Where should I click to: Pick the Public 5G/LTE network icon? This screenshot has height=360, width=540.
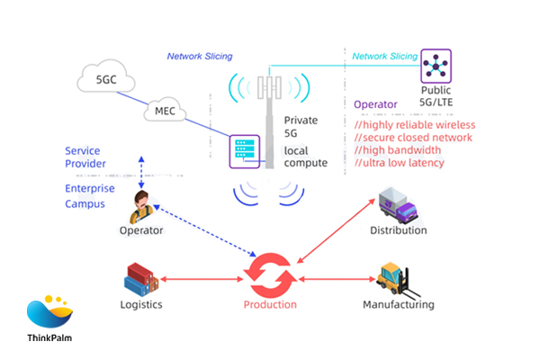tap(436, 66)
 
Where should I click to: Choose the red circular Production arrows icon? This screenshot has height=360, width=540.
tap(270, 274)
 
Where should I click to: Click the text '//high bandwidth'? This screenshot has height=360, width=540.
tap(397, 149)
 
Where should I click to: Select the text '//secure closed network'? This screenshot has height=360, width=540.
tap(414, 137)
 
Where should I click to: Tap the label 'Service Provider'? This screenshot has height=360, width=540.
tap(85, 157)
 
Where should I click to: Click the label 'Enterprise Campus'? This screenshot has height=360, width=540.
tap(89, 196)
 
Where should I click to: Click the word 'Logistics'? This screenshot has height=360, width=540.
tap(141, 304)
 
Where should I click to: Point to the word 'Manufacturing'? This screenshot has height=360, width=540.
tap(398, 304)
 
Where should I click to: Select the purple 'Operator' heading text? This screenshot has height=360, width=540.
tap(375, 105)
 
